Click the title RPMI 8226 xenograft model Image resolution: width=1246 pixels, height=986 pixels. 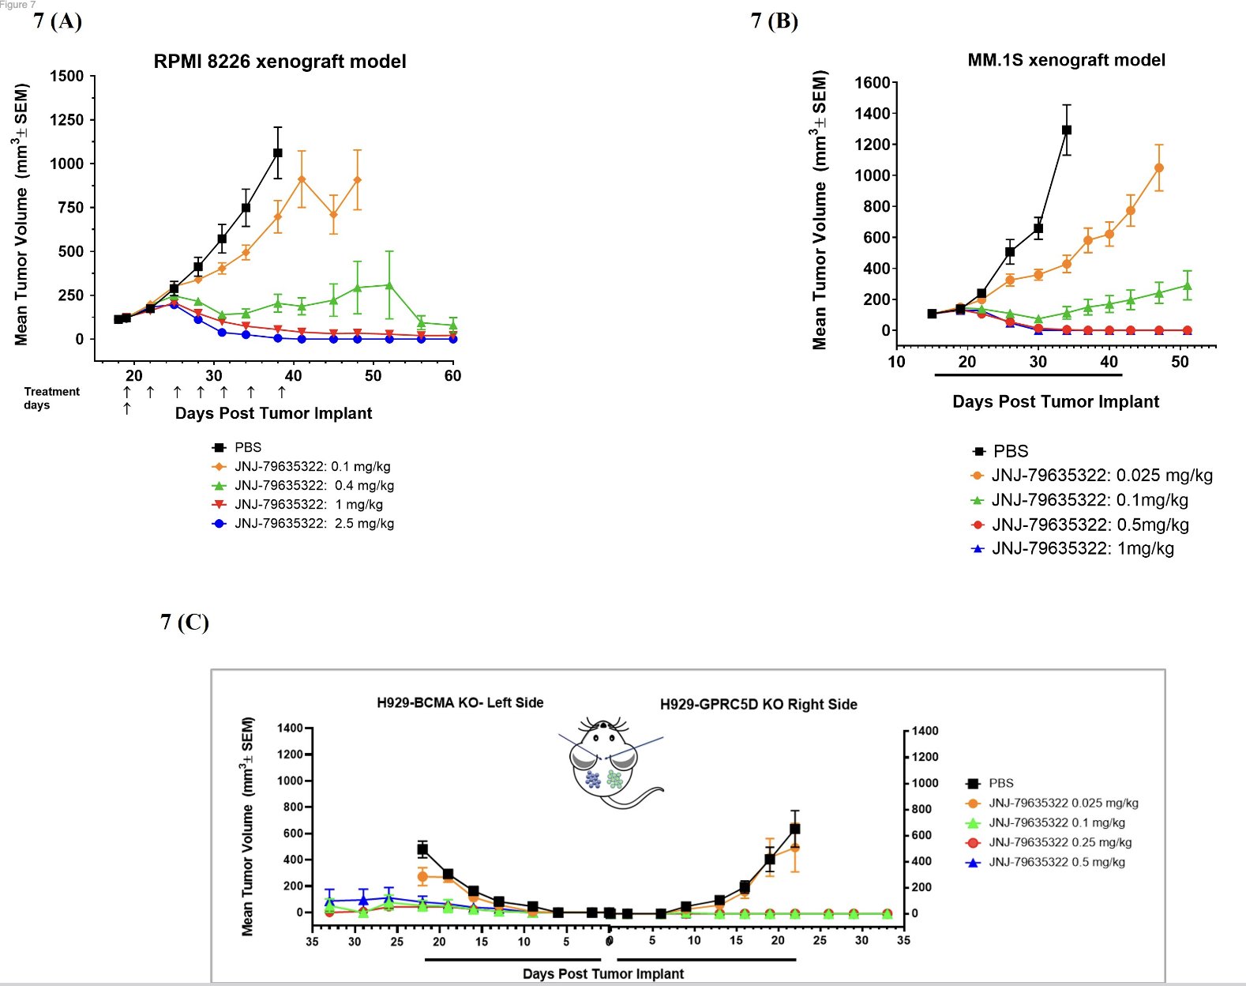280,62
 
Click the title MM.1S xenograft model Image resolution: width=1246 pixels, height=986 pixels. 1066,60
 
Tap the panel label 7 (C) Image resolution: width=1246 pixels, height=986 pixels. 185,623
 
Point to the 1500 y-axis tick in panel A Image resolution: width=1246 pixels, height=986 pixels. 66,77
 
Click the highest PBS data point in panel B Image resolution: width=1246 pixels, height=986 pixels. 1067,130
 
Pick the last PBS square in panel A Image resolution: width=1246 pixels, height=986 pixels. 278,152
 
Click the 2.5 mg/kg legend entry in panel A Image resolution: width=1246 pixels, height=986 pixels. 313,524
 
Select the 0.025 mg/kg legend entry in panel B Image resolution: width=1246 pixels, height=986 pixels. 1102,476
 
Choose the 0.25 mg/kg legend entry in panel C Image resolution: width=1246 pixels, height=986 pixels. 1060,843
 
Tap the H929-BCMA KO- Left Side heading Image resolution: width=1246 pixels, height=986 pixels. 460,703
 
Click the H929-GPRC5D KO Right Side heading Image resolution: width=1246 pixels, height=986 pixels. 758,705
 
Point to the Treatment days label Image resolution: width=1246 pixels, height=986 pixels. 51,398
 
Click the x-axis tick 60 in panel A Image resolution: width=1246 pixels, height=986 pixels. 452,376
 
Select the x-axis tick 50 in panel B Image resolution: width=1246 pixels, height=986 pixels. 1180,362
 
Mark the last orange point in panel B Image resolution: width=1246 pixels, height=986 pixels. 1159,167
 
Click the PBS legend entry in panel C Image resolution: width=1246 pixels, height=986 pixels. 1000,784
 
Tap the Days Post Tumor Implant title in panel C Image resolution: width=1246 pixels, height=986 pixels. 603,974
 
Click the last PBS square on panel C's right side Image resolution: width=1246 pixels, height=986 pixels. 795,829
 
